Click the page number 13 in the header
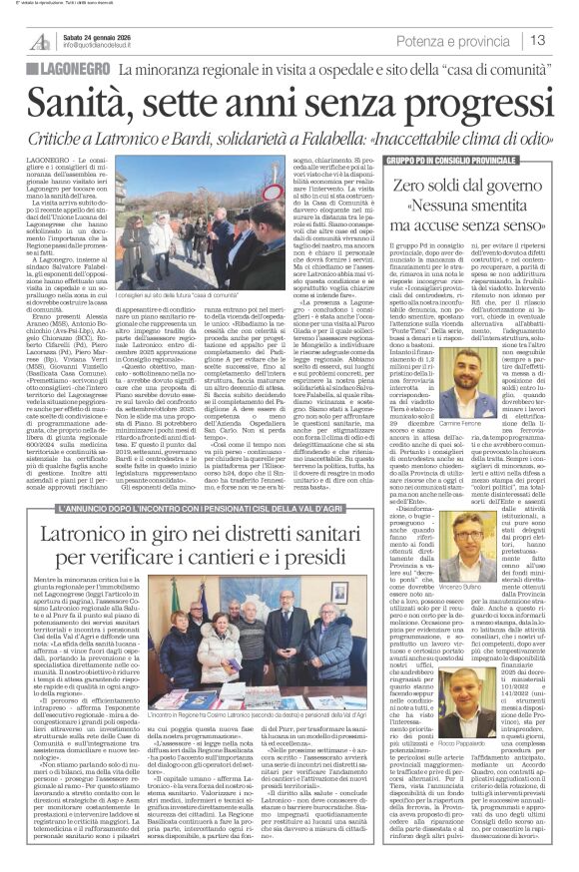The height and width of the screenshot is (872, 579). [x=537, y=40]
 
